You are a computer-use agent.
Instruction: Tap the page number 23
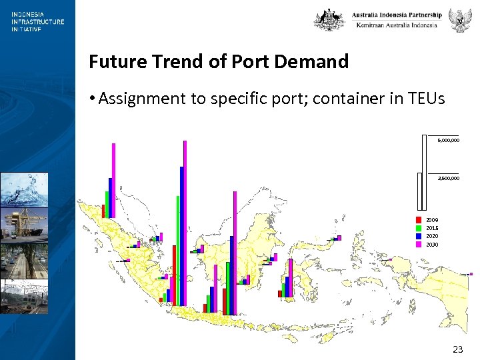(x=457, y=349)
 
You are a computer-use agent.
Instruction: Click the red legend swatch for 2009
(x=418, y=219)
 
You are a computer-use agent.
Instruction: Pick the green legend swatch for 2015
(x=418, y=228)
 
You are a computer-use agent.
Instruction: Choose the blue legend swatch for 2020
(x=418, y=236)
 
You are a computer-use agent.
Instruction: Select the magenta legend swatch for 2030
(x=418, y=245)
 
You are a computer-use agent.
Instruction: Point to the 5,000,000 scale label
(x=448, y=141)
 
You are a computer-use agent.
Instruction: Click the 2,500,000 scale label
(x=448, y=178)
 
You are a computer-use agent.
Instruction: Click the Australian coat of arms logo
(x=329, y=19)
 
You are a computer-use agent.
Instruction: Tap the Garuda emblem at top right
(x=459, y=19)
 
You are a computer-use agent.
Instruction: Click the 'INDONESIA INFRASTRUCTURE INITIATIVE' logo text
(x=37, y=21)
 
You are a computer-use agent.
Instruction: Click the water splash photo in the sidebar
(x=24, y=189)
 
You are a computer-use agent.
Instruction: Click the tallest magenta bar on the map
(x=185, y=223)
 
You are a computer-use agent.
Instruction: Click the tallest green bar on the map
(x=178, y=250)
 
